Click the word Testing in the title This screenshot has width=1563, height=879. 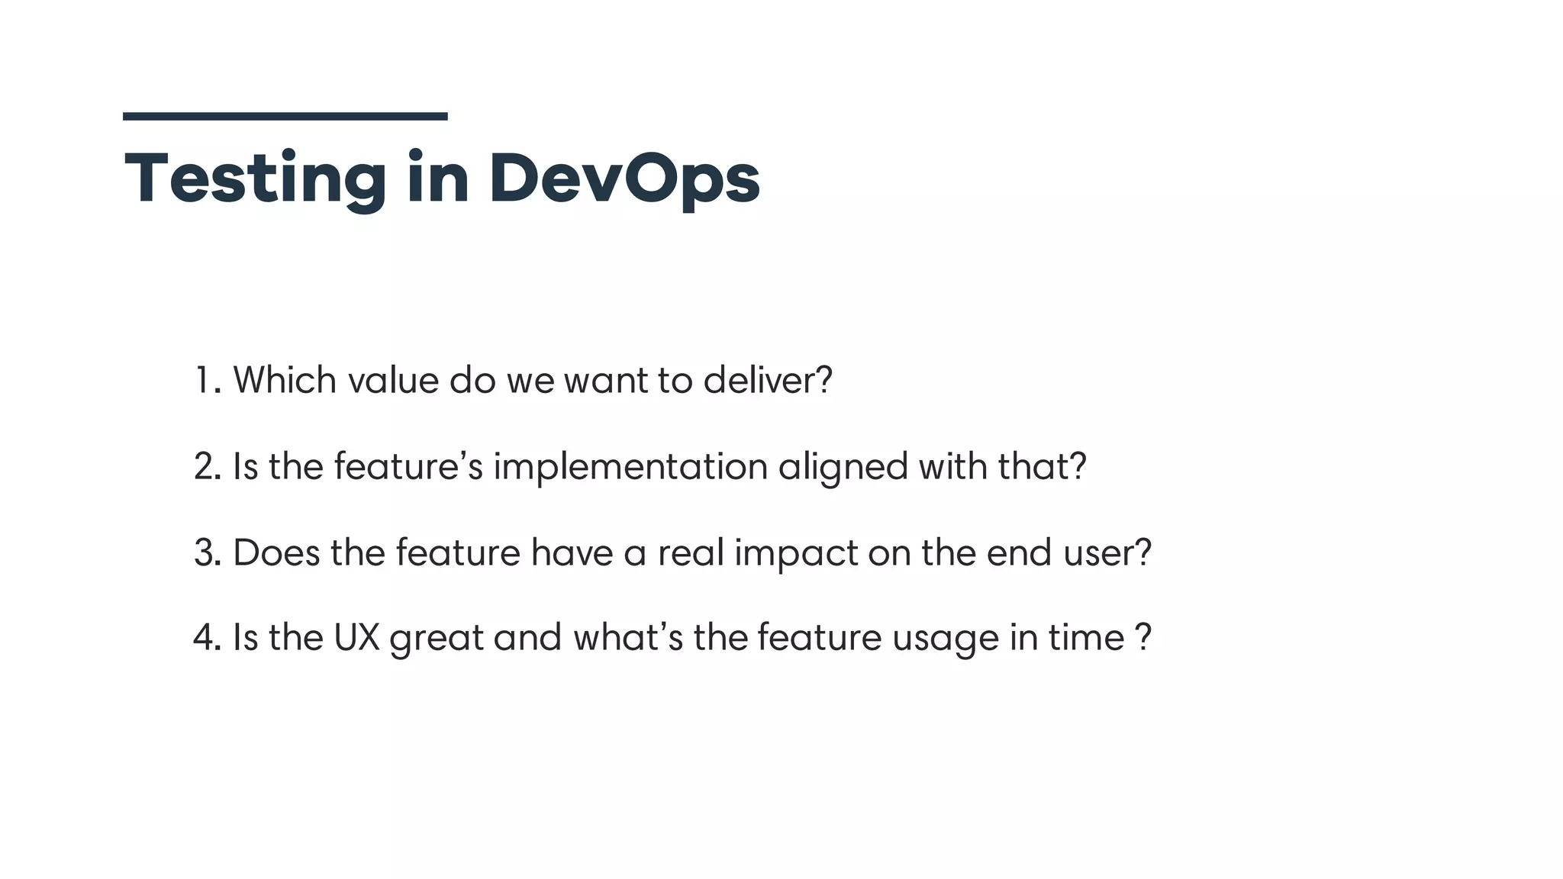coord(255,179)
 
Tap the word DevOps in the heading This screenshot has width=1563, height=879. coord(624,179)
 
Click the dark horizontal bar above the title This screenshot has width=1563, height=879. coord(285,116)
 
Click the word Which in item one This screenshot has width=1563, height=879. coord(284,380)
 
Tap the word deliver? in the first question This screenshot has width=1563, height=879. coord(767,380)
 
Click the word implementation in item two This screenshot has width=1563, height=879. coord(630,466)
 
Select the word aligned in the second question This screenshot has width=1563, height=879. coord(843,466)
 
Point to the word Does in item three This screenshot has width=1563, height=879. coord(276,552)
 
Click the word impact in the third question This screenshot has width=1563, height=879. coord(796,552)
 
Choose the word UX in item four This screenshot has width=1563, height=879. coord(356,637)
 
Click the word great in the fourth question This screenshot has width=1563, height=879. coord(436,639)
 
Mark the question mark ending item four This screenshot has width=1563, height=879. coord(1143,637)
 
